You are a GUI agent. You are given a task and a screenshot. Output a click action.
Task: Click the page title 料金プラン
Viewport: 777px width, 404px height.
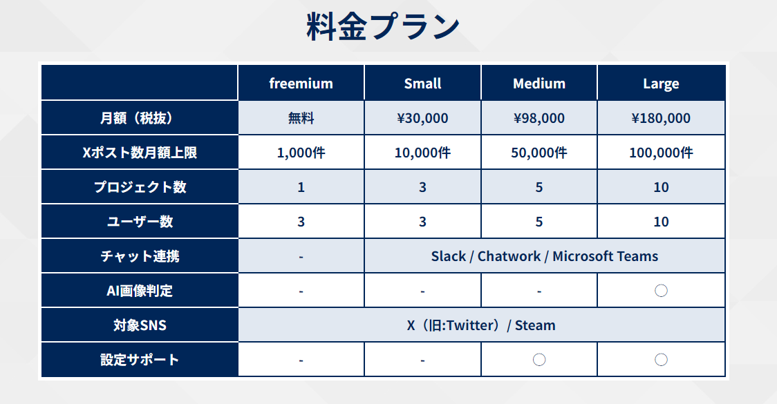[382, 27]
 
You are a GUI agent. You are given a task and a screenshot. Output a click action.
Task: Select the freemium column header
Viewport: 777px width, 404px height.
[301, 83]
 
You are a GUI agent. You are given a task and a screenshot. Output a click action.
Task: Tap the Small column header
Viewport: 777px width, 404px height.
[422, 83]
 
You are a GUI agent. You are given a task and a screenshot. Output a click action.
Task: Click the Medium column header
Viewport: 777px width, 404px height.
[539, 83]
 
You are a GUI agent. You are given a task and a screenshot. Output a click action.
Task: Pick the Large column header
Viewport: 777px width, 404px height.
[661, 84]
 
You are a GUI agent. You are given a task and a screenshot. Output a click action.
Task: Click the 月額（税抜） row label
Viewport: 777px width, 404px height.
[140, 118]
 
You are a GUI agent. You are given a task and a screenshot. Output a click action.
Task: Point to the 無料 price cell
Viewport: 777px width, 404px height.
[301, 118]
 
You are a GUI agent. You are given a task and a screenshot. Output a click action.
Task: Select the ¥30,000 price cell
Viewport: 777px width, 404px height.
[422, 118]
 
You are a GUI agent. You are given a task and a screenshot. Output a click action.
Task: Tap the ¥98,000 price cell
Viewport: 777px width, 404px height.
[539, 118]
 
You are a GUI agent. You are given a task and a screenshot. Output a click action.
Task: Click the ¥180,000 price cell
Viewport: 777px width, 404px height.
[661, 118]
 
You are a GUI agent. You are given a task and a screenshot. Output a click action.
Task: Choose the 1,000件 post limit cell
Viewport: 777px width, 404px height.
[301, 153]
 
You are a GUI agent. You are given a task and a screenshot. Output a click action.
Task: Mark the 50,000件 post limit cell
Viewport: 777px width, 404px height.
[539, 153]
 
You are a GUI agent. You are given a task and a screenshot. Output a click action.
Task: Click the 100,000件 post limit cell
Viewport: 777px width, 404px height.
[661, 153]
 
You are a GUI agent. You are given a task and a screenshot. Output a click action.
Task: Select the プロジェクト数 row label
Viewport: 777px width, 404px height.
[140, 187]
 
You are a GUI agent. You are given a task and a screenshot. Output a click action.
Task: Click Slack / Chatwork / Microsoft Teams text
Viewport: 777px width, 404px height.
[545, 256]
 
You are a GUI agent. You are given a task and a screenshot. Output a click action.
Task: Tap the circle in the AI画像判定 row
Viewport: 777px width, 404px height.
[661, 291]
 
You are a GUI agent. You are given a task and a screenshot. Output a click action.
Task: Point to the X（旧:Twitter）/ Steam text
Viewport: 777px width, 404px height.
[481, 325]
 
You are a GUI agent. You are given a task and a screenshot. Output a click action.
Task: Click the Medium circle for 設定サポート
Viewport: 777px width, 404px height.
[539, 359]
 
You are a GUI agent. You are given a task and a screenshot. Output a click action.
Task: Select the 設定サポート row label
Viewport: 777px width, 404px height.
[140, 359]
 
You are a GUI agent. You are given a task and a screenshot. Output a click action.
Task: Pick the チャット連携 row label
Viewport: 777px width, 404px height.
[140, 256]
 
